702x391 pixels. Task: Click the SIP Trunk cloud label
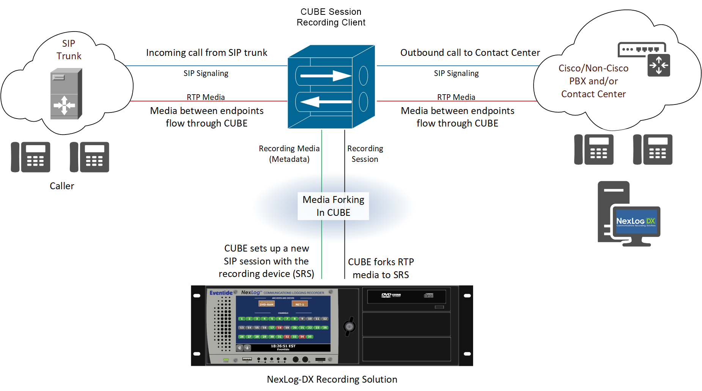[x=69, y=50]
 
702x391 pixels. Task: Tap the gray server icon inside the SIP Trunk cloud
[x=66, y=94]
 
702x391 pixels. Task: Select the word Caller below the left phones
[x=62, y=186]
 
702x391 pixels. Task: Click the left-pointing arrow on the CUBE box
[x=326, y=102]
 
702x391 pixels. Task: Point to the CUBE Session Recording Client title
[x=331, y=17]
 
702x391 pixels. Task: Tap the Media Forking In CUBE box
[x=333, y=206]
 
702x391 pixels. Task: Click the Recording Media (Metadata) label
[x=289, y=154]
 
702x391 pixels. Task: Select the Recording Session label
[x=365, y=154]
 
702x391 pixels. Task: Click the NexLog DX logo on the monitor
[x=636, y=222]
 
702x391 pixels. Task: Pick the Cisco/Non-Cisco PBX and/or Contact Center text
[x=593, y=81]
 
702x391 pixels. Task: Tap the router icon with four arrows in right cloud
[x=659, y=65]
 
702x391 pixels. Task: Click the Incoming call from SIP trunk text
[x=206, y=52]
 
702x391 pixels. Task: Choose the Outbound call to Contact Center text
[x=470, y=52]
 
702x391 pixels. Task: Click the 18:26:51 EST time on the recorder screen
[x=283, y=346]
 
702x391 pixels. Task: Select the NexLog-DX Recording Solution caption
[x=332, y=379]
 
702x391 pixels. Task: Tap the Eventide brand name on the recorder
[x=221, y=293]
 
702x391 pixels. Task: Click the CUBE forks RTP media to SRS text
[x=381, y=268]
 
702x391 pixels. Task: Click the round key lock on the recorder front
[x=349, y=326]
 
